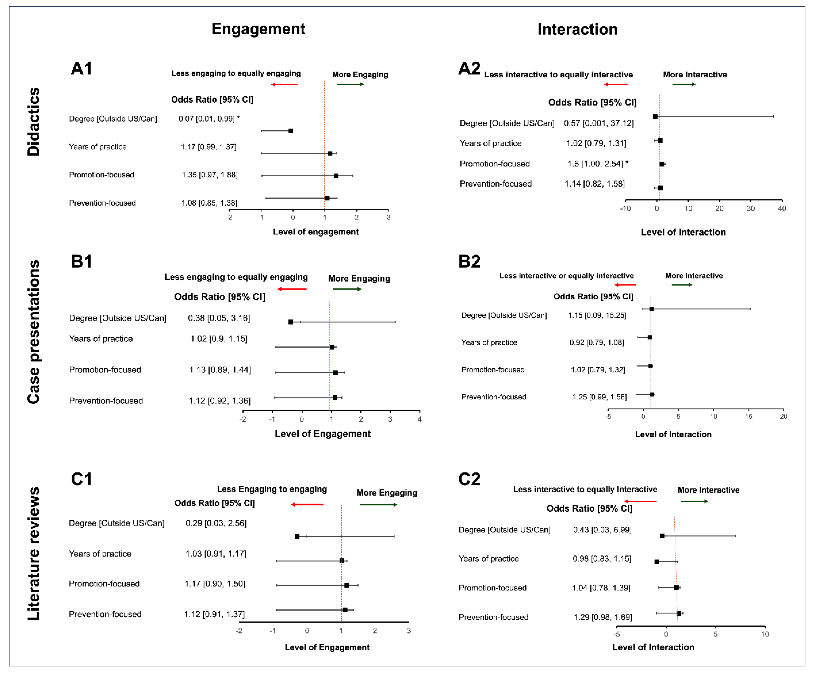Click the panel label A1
(x=81, y=69)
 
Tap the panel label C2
(x=469, y=479)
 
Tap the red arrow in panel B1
(x=292, y=289)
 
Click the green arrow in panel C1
(x=378, y=505)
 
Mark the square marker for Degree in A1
(x=291, y=131)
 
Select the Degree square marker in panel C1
(x=297, y=537)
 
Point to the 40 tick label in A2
(x=782, y=208)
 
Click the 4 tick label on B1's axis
(x=420, y=419)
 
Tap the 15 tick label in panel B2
(x=748, y=417)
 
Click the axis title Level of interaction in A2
(x=683, y=232)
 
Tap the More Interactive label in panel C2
(x=708, y=490)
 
